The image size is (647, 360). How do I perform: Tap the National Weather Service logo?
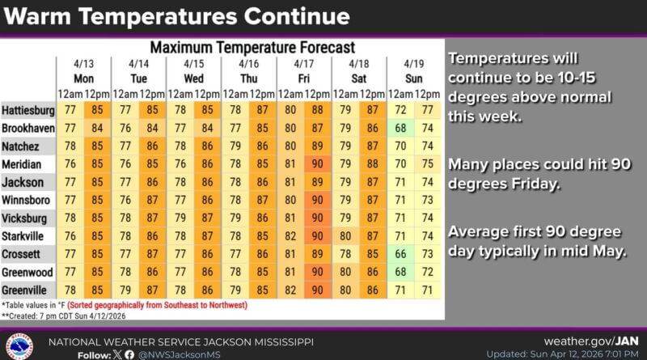pos(19,345)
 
